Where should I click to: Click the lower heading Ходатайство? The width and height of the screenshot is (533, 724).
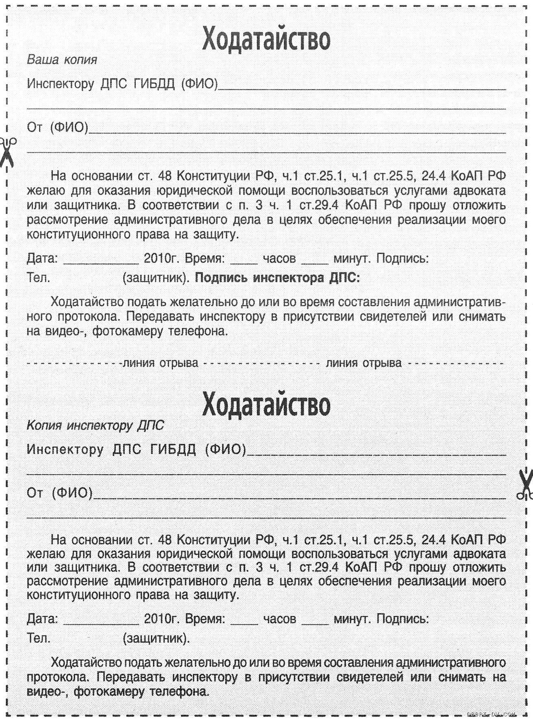(266, 404)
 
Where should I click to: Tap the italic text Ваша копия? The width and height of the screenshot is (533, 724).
(62, 60)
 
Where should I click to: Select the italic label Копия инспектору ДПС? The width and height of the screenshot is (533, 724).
(95, 425)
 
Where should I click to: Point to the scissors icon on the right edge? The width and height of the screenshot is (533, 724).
(525, 483)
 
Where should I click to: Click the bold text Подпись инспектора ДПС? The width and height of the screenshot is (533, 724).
(278, 278)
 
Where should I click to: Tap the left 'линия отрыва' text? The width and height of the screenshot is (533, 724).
(161, 363)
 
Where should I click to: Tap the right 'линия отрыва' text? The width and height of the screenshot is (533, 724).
(363, 363)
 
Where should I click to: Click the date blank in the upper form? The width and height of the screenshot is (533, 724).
(101, 260)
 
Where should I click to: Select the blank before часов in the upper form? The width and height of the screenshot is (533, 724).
(244, 260)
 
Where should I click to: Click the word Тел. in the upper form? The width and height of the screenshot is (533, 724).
(39, 278)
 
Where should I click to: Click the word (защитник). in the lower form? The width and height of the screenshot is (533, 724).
(156, 638)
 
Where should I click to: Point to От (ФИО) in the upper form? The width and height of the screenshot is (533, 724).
(57, 128)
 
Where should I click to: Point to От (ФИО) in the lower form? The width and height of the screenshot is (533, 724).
(59, 493)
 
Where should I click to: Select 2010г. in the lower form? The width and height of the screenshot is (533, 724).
(162, 619)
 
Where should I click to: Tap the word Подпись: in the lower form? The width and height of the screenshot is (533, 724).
(402, 619)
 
